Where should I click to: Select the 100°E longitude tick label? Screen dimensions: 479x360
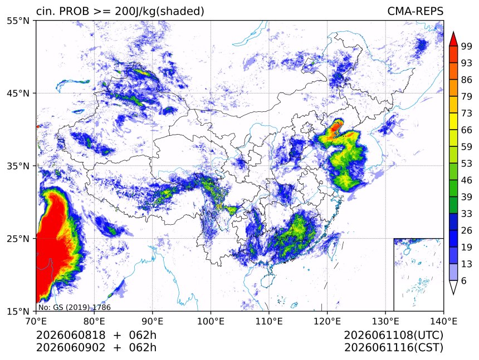211,321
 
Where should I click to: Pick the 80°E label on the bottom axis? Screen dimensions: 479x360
94,321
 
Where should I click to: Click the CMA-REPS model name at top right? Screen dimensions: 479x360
415,11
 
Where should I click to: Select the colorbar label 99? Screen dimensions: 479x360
467,46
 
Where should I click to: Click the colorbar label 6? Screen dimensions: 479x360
464,280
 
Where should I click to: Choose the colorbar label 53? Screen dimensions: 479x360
467,164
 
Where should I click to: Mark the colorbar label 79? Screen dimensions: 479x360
467,97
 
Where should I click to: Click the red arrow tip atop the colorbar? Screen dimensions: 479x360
453,32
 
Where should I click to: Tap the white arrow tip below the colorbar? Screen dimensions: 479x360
453,294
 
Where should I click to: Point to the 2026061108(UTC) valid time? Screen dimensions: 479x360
393,335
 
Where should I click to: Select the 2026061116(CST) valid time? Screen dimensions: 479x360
393,348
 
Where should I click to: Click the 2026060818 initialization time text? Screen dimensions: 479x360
71,335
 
